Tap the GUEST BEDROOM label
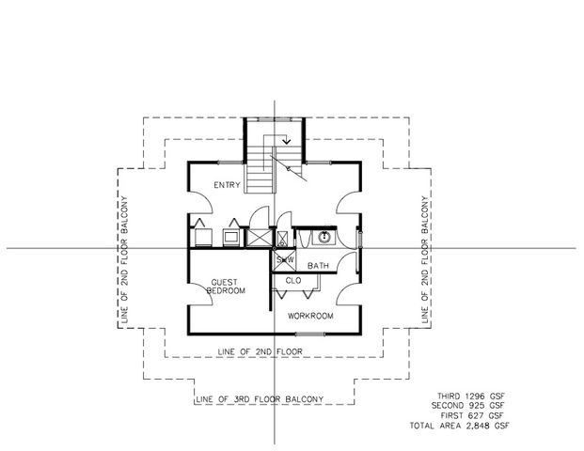click(227, 287)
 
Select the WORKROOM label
click(311, 316)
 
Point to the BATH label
click(318, 266)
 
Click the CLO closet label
click(292, 279)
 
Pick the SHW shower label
click(283, 259)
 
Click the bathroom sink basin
click(323, 237)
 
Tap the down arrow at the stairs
click(287, 142)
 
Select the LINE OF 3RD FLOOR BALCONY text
click(260, 398)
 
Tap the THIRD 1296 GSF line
click(470, 397)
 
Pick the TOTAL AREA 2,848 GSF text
click(460, 426)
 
